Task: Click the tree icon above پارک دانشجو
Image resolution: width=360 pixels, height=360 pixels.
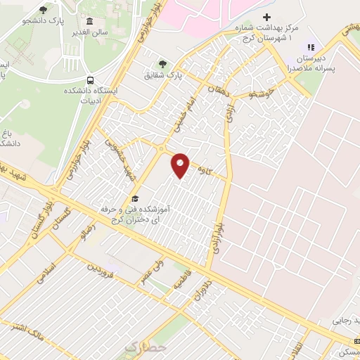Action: tap(43, 9)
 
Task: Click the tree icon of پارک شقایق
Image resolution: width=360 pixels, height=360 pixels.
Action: tap(163, 63)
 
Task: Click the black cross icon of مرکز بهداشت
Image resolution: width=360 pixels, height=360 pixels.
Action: tap(266, 16)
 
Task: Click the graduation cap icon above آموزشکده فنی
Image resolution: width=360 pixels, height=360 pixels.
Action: tap(134, 198)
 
